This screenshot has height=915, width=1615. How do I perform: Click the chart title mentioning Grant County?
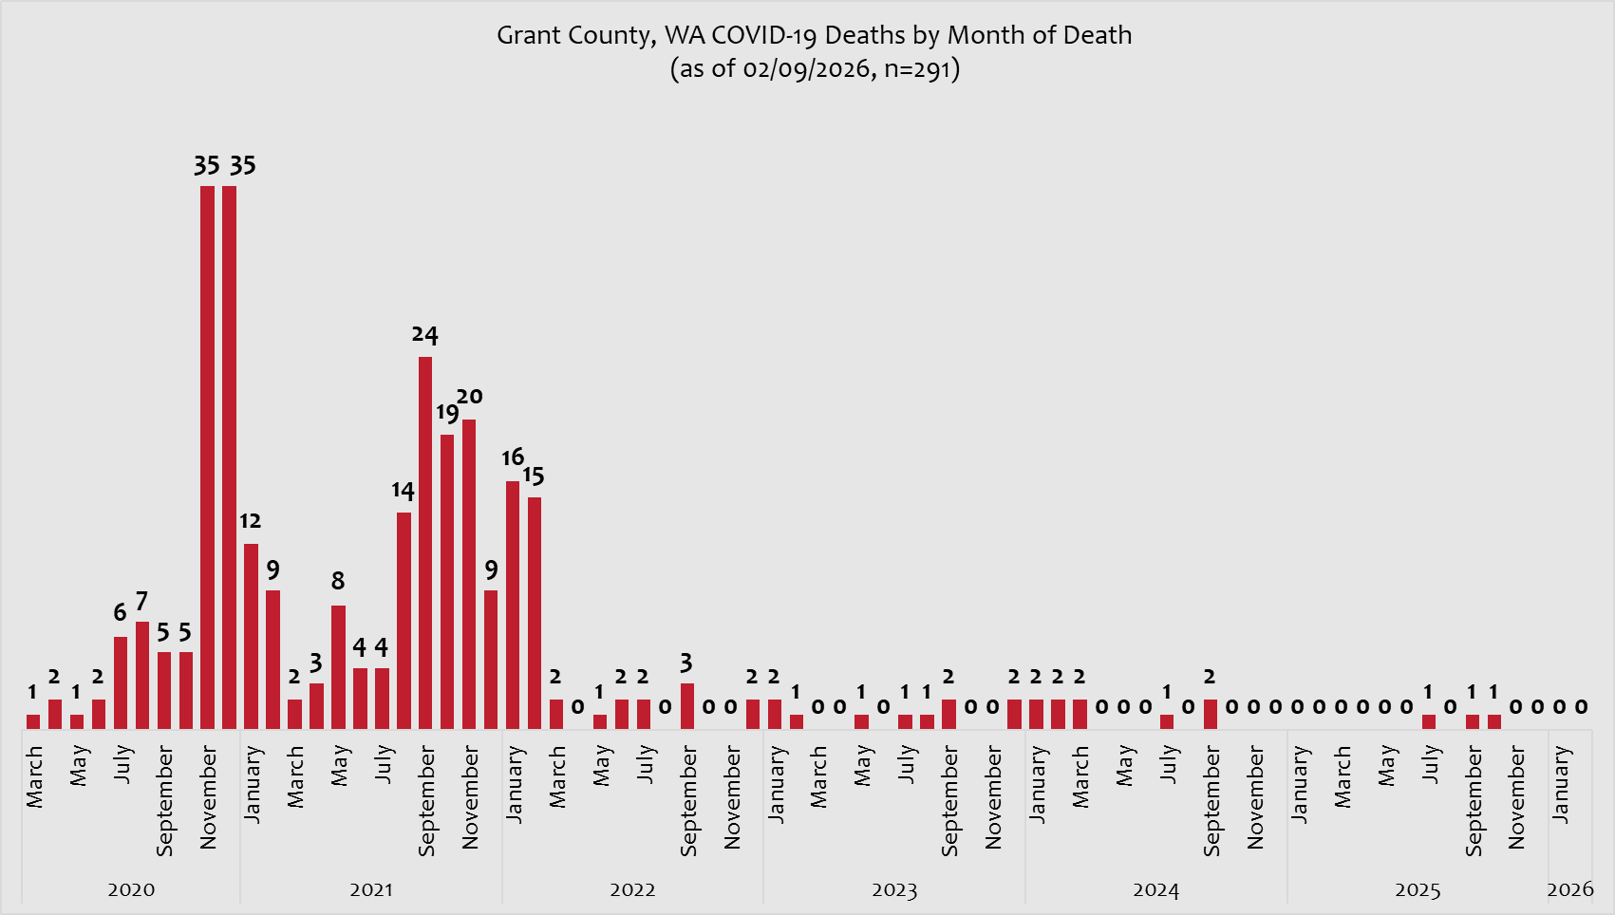coord(814,36)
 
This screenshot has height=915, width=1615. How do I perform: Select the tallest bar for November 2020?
coord(207,456)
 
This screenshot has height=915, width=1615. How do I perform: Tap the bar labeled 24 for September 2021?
coord(425,541)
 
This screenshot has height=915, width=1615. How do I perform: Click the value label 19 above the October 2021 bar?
coord(446,413)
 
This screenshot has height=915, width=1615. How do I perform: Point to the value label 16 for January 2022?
coord(513,457)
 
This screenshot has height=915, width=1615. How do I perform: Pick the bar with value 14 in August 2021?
coord(404,622)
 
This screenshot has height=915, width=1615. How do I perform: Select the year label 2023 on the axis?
coord(894,890)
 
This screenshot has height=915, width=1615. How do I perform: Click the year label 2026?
coord(1570,889)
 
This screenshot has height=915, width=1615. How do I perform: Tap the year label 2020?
coord(131,890)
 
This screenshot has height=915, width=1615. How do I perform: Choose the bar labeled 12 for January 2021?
coord(251,636)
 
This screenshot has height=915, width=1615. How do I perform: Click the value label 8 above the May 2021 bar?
coord(338,581)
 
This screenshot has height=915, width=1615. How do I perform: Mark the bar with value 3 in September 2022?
coord(686,706)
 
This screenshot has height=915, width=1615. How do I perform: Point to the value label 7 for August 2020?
coord(141,602)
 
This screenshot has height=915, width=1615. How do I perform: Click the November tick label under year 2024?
coord(1255,797)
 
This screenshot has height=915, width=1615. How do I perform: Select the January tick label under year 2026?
coord(1561,784)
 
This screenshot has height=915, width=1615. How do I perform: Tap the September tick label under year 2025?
coord(1474,801)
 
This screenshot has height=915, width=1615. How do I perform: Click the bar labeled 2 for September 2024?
coord(1210,714)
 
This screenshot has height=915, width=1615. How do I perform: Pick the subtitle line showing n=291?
coord(814,69)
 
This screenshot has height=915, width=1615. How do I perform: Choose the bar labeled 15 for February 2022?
coord(535,612)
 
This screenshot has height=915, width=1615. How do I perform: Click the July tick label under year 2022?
coord(646,764)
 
